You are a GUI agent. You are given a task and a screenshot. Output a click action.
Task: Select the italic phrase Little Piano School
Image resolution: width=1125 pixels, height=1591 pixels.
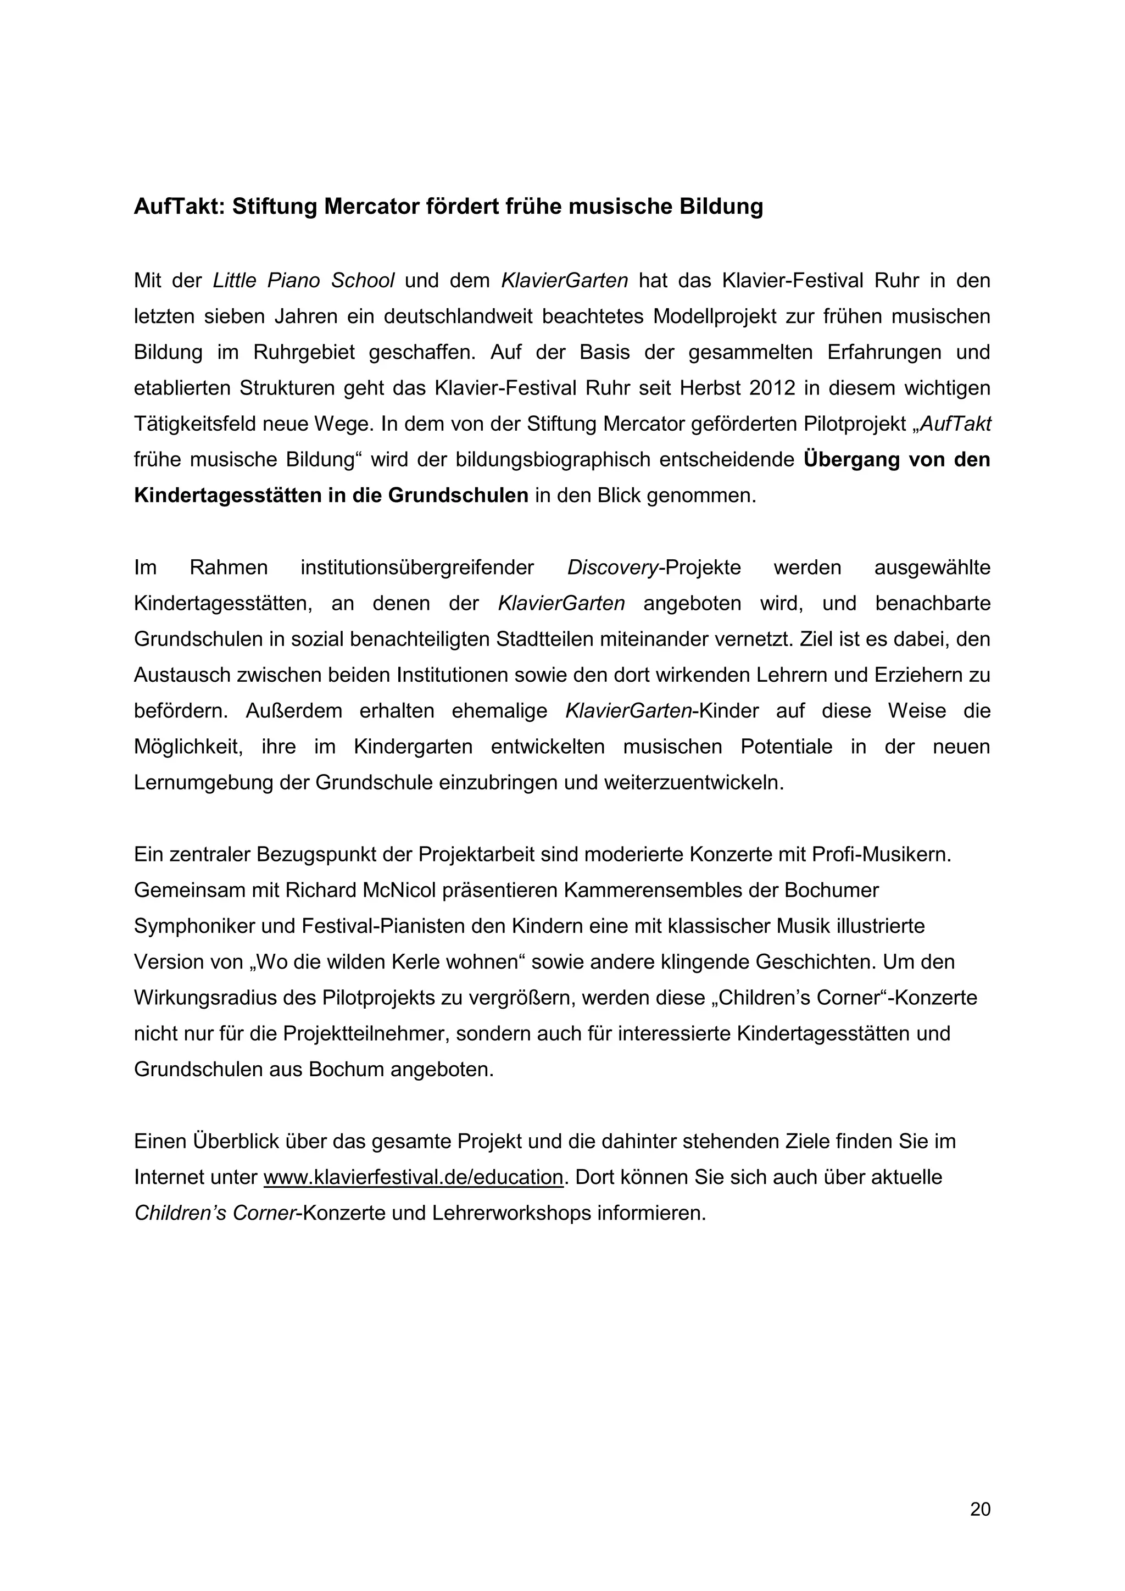pyautogui.click(x=303, y=281)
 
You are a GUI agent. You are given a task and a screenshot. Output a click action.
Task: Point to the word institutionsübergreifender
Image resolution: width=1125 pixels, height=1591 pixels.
pyautogui.click(x=417, y=568)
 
